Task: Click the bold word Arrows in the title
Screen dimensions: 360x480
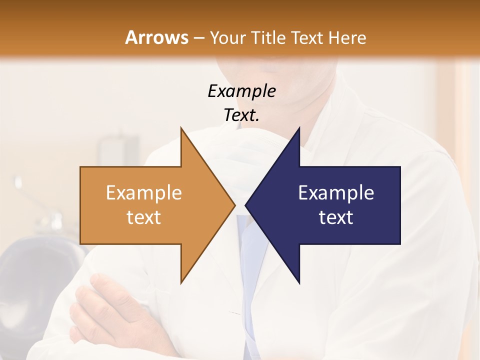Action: click(x=156, y=37)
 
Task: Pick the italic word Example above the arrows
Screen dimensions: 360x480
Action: click(x=241, y=91)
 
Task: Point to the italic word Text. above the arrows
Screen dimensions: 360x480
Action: click(x=241, y=115)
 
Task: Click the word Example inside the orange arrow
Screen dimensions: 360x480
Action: click(x=143, y=192)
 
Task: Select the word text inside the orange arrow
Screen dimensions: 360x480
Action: click(x=143, y=217)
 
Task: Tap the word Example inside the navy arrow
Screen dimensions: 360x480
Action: click(x=336, y=192)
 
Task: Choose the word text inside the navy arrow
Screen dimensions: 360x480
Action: click(x=336, y=217)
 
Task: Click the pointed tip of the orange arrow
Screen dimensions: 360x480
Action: click(x=234, y=205)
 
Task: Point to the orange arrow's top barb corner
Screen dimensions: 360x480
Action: click(x=181, y=128)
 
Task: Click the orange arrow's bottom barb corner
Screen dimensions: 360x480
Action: click(x=181, y=282)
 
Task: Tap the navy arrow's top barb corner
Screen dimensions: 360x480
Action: click(x=299, y=128)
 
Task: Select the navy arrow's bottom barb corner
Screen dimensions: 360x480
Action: click(x=299, y=282)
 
